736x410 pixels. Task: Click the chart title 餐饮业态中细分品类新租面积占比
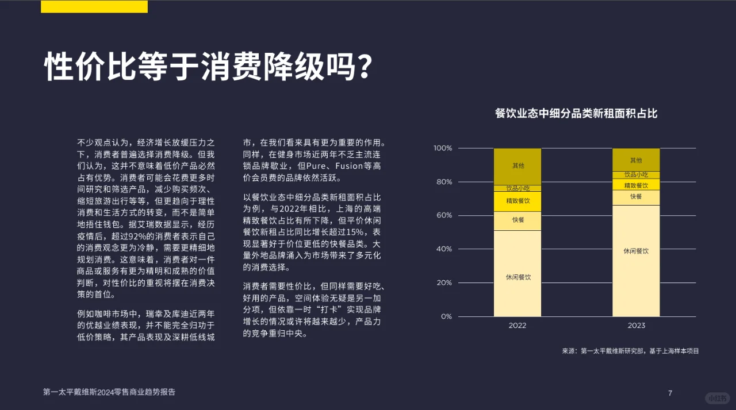[x=576, y=114]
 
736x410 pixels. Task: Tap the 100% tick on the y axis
[x=443, y=149]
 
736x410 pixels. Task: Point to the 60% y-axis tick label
[x=443, y=216]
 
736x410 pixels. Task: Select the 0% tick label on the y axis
[x=446, y=317]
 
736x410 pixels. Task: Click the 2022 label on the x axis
[x=517, y=326]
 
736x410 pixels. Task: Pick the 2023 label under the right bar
[x=636, y=326]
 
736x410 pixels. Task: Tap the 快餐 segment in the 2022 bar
[x=517, y=221]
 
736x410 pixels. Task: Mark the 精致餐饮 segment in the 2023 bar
[x=636, y=185]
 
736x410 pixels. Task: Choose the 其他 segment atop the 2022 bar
[x=517, y=167]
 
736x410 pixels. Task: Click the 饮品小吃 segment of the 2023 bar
[x=636, y=175]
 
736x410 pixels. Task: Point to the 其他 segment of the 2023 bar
[x=636, y=160]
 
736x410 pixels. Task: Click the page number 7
[x=670, y=393]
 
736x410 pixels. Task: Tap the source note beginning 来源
[x=630, y=351]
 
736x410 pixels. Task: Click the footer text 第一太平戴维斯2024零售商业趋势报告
[x=109, y=392]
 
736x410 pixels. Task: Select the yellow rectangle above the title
[x=94, y=6]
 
